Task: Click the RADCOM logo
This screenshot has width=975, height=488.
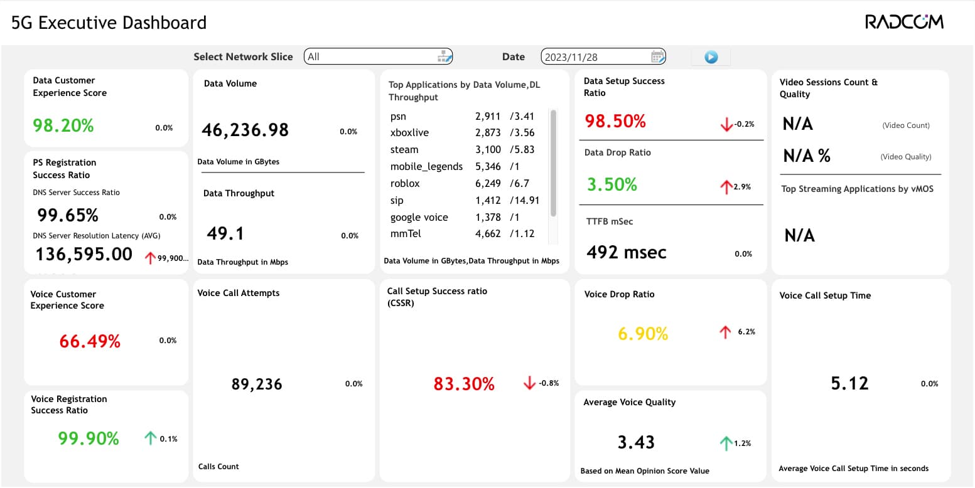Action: click(x=904, y=22)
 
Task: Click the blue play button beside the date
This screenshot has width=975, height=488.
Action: click(x=711, y=57)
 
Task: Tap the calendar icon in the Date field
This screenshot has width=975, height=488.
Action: click(x=657, y=56)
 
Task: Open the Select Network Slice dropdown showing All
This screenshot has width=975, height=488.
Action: click(x=378, y=56)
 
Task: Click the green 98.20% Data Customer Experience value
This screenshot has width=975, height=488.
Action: click(x=63, y=125)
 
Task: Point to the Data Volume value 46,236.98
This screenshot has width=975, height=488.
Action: click(x=245, y=130)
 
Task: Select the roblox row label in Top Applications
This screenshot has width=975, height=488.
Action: click(x=405, y=184)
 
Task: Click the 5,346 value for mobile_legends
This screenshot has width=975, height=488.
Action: click(x=488, y=167)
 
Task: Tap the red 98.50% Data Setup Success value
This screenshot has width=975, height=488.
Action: click(x=615, y=121)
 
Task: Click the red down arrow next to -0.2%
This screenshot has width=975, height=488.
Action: click(x=726, y=124)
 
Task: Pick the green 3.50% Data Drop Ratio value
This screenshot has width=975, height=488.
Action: click(x=611, y=184)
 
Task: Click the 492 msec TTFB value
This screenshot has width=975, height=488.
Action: click(x=627, y=252)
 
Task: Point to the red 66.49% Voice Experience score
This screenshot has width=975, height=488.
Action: click(x=90, y=341)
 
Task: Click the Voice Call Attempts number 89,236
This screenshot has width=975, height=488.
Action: click(x=257, y=384)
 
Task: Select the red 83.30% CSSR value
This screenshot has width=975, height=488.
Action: click(x=464, y=384)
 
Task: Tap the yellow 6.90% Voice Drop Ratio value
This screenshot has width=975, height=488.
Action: click(x=643, y=334)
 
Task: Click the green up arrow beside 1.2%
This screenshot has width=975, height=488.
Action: click(x=726, y=443)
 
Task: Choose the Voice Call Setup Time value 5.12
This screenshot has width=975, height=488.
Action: click(x=849, y=384)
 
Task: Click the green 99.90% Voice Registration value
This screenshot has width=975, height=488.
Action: click(x=89, y=438)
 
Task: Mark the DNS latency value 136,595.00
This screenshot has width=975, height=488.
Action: click(x=83, y=255)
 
